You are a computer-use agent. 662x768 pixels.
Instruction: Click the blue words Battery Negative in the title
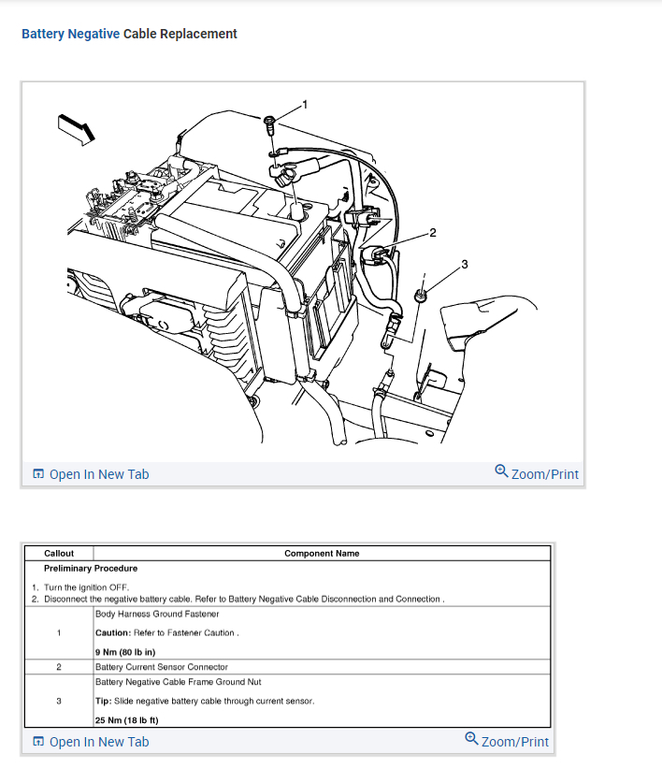pyautogui.click(x=70, y=34)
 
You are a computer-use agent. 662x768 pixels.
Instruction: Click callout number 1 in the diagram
pyautogui.click(x=303, y=103)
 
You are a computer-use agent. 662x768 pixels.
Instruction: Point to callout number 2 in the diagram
pyautogui.click(x=432, y=232)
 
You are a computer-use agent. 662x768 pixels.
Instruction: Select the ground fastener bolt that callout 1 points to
pyautogui.click(x=269, y=122)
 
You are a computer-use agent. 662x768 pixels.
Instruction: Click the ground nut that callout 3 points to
pyautogui.click(x=421, y=296)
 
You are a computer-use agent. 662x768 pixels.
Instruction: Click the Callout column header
pyautogui.click(x=59, y=554)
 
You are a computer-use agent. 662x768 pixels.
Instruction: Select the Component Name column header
pyautogui.click(x=322, y=554)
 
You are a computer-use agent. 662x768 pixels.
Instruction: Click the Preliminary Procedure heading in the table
pyautogui.click(x=91, y=568)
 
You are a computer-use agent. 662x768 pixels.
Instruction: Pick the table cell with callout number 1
pyautogui.click(x=59, y=633)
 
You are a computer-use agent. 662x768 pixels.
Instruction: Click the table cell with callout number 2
pyautogui.click(x=59, y=667)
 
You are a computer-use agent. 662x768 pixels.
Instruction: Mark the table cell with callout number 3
pyautogui.click(x=59, y=701)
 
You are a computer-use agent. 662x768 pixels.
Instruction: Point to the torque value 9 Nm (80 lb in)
pyautogui.click(x=125, y=651)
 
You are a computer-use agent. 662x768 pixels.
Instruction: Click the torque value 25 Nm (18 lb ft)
pyautogui.click(x=127, y=720)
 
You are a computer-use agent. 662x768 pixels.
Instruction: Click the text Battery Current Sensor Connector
pyautogui.click(x=162, y=667)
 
